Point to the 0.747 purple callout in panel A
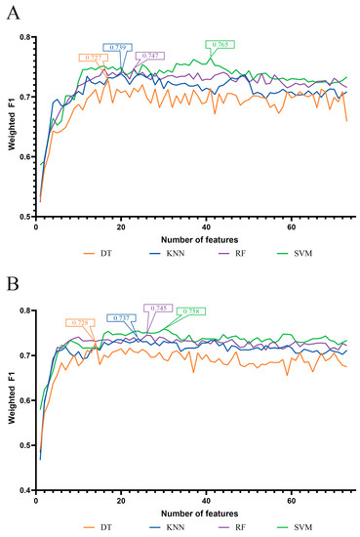click(x=152, y=56)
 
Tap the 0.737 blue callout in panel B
click(x=123, y=317)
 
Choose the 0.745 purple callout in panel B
click(x=159, y=308)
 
